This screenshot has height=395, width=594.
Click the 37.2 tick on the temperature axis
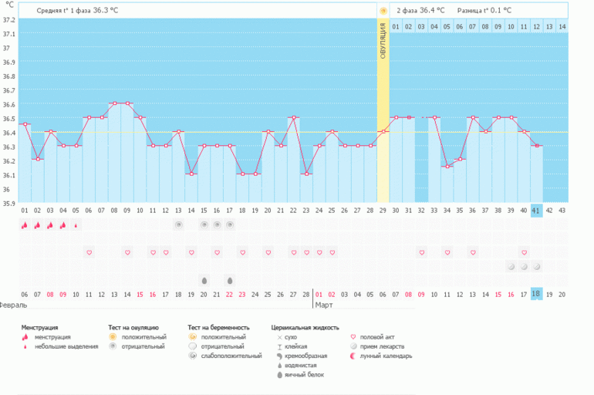click(8, 19)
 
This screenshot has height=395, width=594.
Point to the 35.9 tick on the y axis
click(8, 204)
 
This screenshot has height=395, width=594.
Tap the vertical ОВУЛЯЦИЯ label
click(383, 46)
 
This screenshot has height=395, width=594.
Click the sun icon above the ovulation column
click(383, 10)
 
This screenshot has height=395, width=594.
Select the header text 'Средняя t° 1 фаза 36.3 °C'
click(77, 10)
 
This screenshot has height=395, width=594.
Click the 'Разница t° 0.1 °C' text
click(484, 10)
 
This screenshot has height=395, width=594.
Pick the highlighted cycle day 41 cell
click(536, 210)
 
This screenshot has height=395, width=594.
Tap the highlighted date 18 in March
click(536, 294)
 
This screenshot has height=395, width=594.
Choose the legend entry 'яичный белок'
click(304, 374)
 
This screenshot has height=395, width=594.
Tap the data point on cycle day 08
click(114, 103)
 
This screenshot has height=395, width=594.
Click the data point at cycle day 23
click(307, 174)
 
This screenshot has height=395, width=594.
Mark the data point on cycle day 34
click(446, 167)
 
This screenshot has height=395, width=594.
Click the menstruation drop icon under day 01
click(25, 225)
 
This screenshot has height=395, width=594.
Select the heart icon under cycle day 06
click(89, 252)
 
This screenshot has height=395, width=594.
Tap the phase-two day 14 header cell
click(562, 27)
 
